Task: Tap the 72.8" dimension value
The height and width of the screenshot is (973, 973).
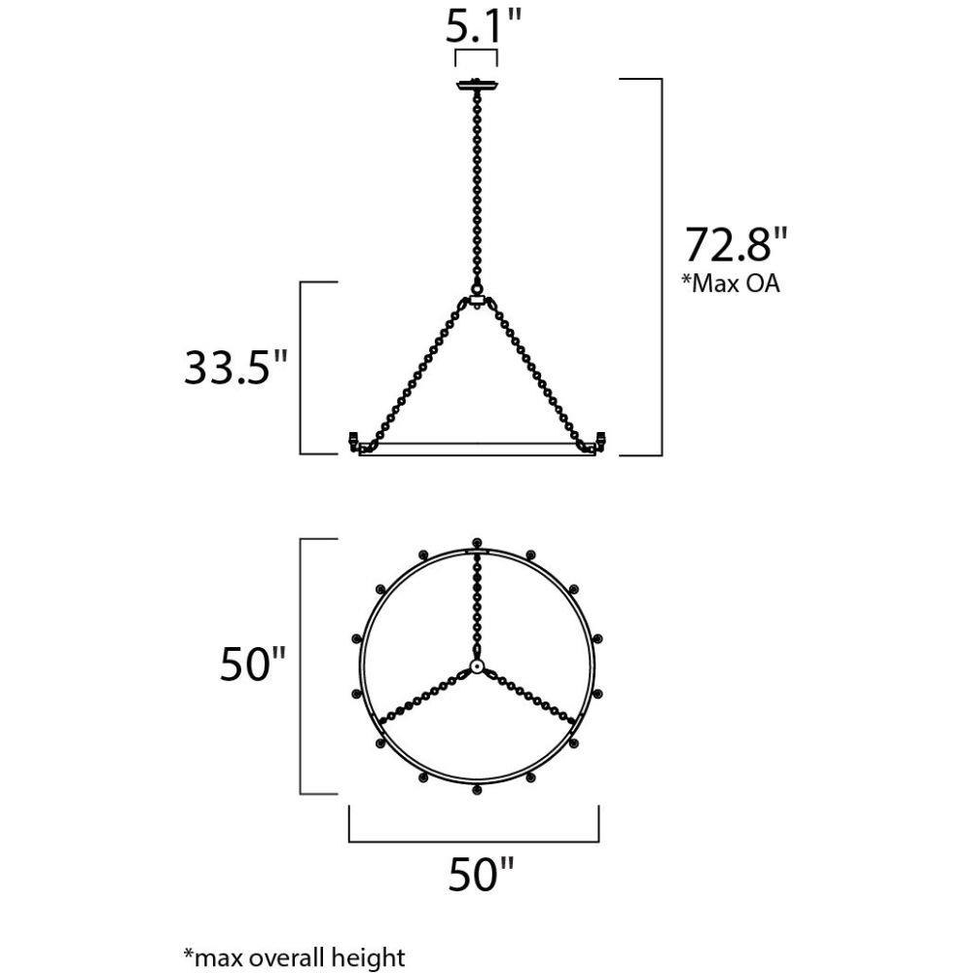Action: click(x=736, y=245)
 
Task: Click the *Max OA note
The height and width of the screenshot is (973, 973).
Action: click(x=731, y=283)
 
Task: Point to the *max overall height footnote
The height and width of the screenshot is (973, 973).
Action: click(x=294, y=956)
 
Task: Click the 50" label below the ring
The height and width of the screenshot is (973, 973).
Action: click(x=481, y=874)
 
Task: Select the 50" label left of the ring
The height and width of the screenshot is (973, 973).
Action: click(x=253, y=664)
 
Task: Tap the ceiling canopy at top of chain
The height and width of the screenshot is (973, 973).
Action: click(x=477, y=85)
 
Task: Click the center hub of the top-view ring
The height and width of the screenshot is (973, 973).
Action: click(x=477, y=667)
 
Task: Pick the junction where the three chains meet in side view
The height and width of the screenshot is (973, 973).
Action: click(x=477, y=301)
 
